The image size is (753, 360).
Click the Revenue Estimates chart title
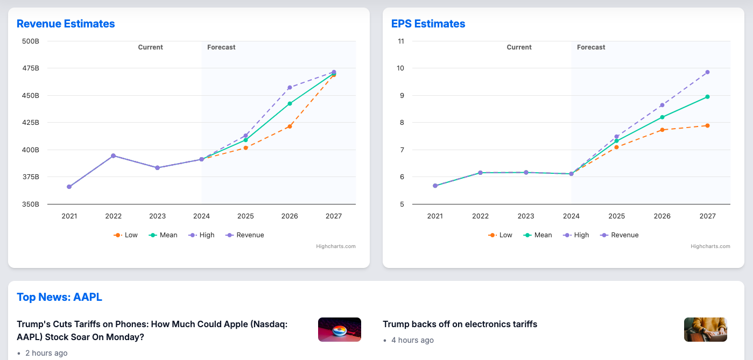tap(66, 24)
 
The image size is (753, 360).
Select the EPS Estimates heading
tap(428, 24)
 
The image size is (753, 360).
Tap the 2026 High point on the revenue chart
tap(290, 87)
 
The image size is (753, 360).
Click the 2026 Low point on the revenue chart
tap(290, 126)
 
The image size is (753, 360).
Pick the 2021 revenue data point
tap(69, 187)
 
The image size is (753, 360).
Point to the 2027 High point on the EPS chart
tap(707, 72)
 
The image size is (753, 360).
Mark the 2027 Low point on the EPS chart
tap(707, 125)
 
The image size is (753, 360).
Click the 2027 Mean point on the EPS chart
tap(707, 97)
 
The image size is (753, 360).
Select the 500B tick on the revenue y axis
tap(30, 41)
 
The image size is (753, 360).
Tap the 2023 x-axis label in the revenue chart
tap(157, 216)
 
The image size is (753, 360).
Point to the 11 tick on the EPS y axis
tap(400, 41)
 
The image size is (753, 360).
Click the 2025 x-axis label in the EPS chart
tap(616, 216)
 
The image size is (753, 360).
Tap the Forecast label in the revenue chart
tap(221, 47)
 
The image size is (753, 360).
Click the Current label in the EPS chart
tap(519, 47)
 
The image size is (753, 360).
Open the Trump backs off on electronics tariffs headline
tap(460, 324)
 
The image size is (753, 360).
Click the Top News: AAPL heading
tap(59, 297)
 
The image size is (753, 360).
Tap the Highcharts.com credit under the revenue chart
tap(335, 246)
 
